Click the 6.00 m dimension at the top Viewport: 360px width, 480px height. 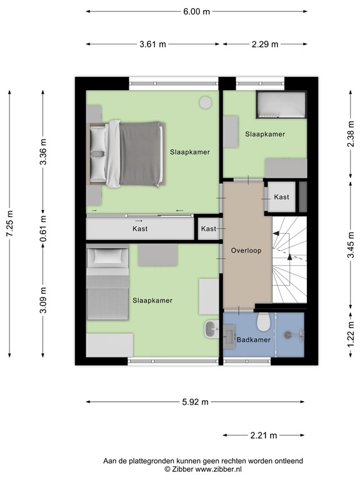pos(197,11)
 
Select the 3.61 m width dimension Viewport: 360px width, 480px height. pos(153,44)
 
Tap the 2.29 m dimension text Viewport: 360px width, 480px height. pos(265,44)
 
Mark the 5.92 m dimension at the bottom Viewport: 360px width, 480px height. pos(196,402)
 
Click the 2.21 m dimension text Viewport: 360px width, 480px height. pos(264,436)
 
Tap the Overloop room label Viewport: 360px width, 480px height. pos(246,251)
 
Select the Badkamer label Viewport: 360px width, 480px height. pos(252,340)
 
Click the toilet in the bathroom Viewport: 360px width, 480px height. pos(264,321)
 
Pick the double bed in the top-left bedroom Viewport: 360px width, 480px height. pos(128,153)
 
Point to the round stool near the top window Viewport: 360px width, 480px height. pos(204,102)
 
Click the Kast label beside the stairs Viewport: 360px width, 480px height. pos(282,197)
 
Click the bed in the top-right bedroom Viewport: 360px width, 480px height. pos(281,104)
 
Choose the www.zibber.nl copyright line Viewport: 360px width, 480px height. pos(203,469)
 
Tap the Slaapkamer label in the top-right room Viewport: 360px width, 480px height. pos(265,134)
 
